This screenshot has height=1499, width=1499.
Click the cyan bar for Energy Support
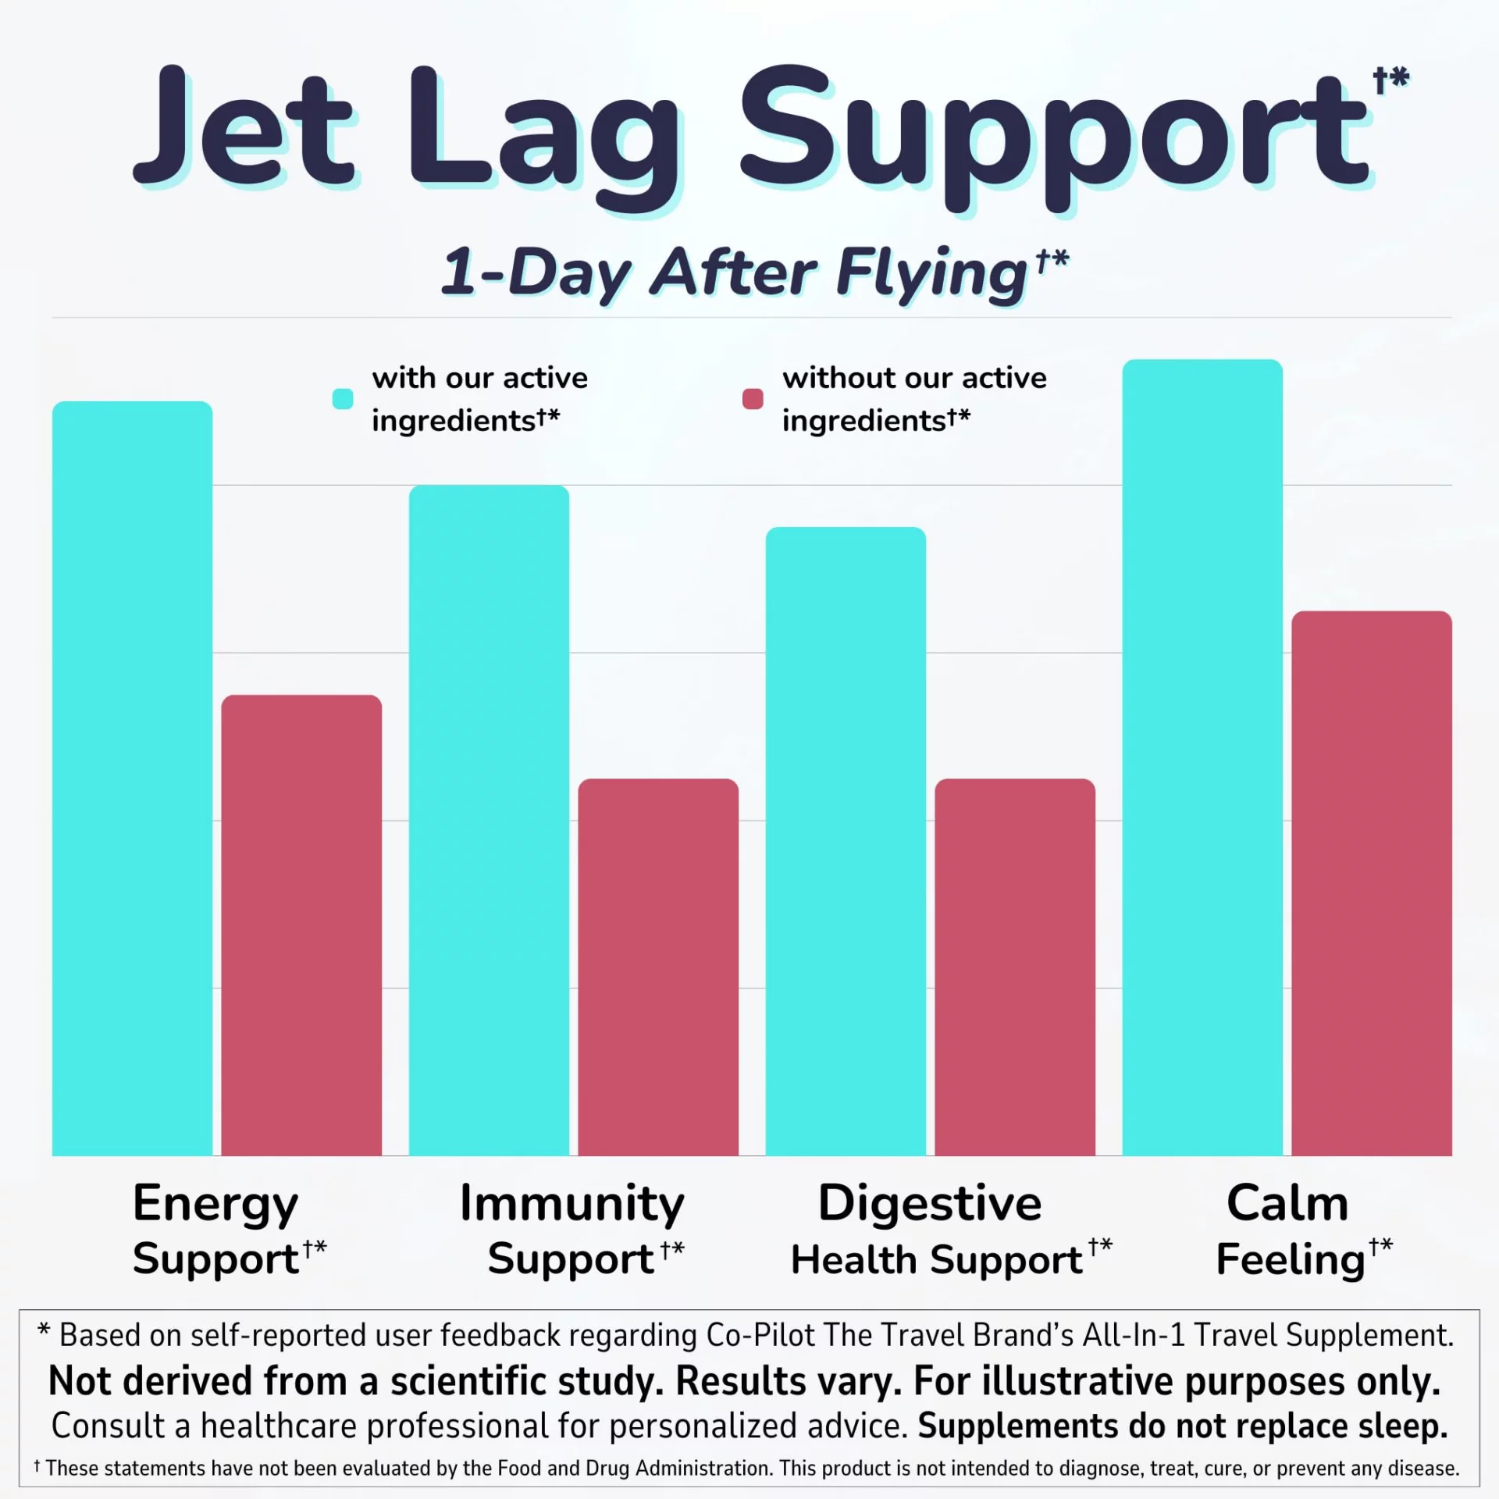(132, 778)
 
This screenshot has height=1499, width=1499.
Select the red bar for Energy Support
(301, 925)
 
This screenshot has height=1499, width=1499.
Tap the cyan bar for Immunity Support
(489, 820)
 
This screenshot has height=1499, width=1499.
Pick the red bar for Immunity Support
(658, 967)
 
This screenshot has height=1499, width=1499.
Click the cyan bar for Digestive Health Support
(846, 841)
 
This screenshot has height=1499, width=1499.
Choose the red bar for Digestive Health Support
(1015, 967)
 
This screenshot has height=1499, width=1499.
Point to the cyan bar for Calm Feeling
(1202, 757)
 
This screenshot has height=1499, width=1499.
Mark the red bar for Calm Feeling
(1372, 883)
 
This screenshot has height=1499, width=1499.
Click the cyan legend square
(343, 399)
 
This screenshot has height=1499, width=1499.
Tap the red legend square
(753, 399)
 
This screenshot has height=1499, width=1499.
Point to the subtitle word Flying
(932, 274)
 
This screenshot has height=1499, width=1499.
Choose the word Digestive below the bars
(930, 1203)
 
